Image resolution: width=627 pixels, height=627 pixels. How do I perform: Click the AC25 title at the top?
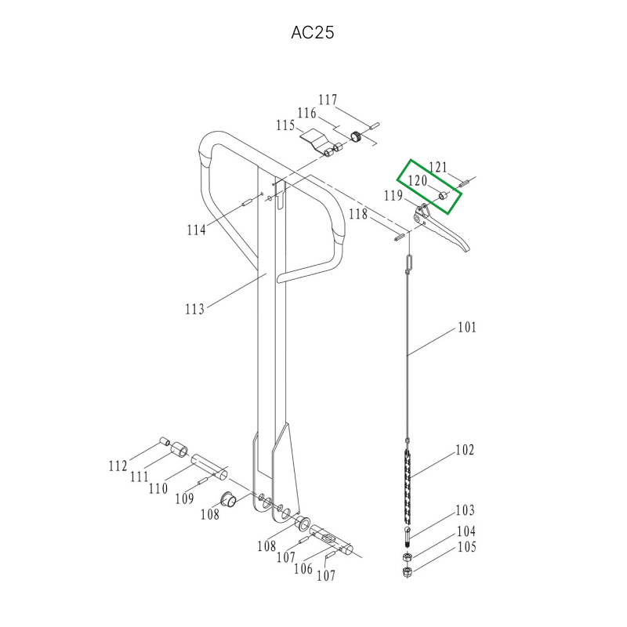coord(312,32)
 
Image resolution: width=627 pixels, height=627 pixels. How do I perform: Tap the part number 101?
coord(466,328)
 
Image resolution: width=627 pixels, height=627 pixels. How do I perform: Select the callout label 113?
coord(194,309)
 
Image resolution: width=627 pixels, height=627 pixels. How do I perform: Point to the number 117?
coord(328,100)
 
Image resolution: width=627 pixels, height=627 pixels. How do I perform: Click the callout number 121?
coord(438,167)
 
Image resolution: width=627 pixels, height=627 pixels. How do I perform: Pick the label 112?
coord(118,466)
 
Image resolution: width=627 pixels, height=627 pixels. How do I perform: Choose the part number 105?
coord(466,547)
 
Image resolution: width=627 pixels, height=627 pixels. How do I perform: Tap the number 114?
coord(197,230)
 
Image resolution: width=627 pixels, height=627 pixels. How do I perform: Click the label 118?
coord(358,214)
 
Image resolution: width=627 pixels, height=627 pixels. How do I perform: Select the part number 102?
coord(465,450)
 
